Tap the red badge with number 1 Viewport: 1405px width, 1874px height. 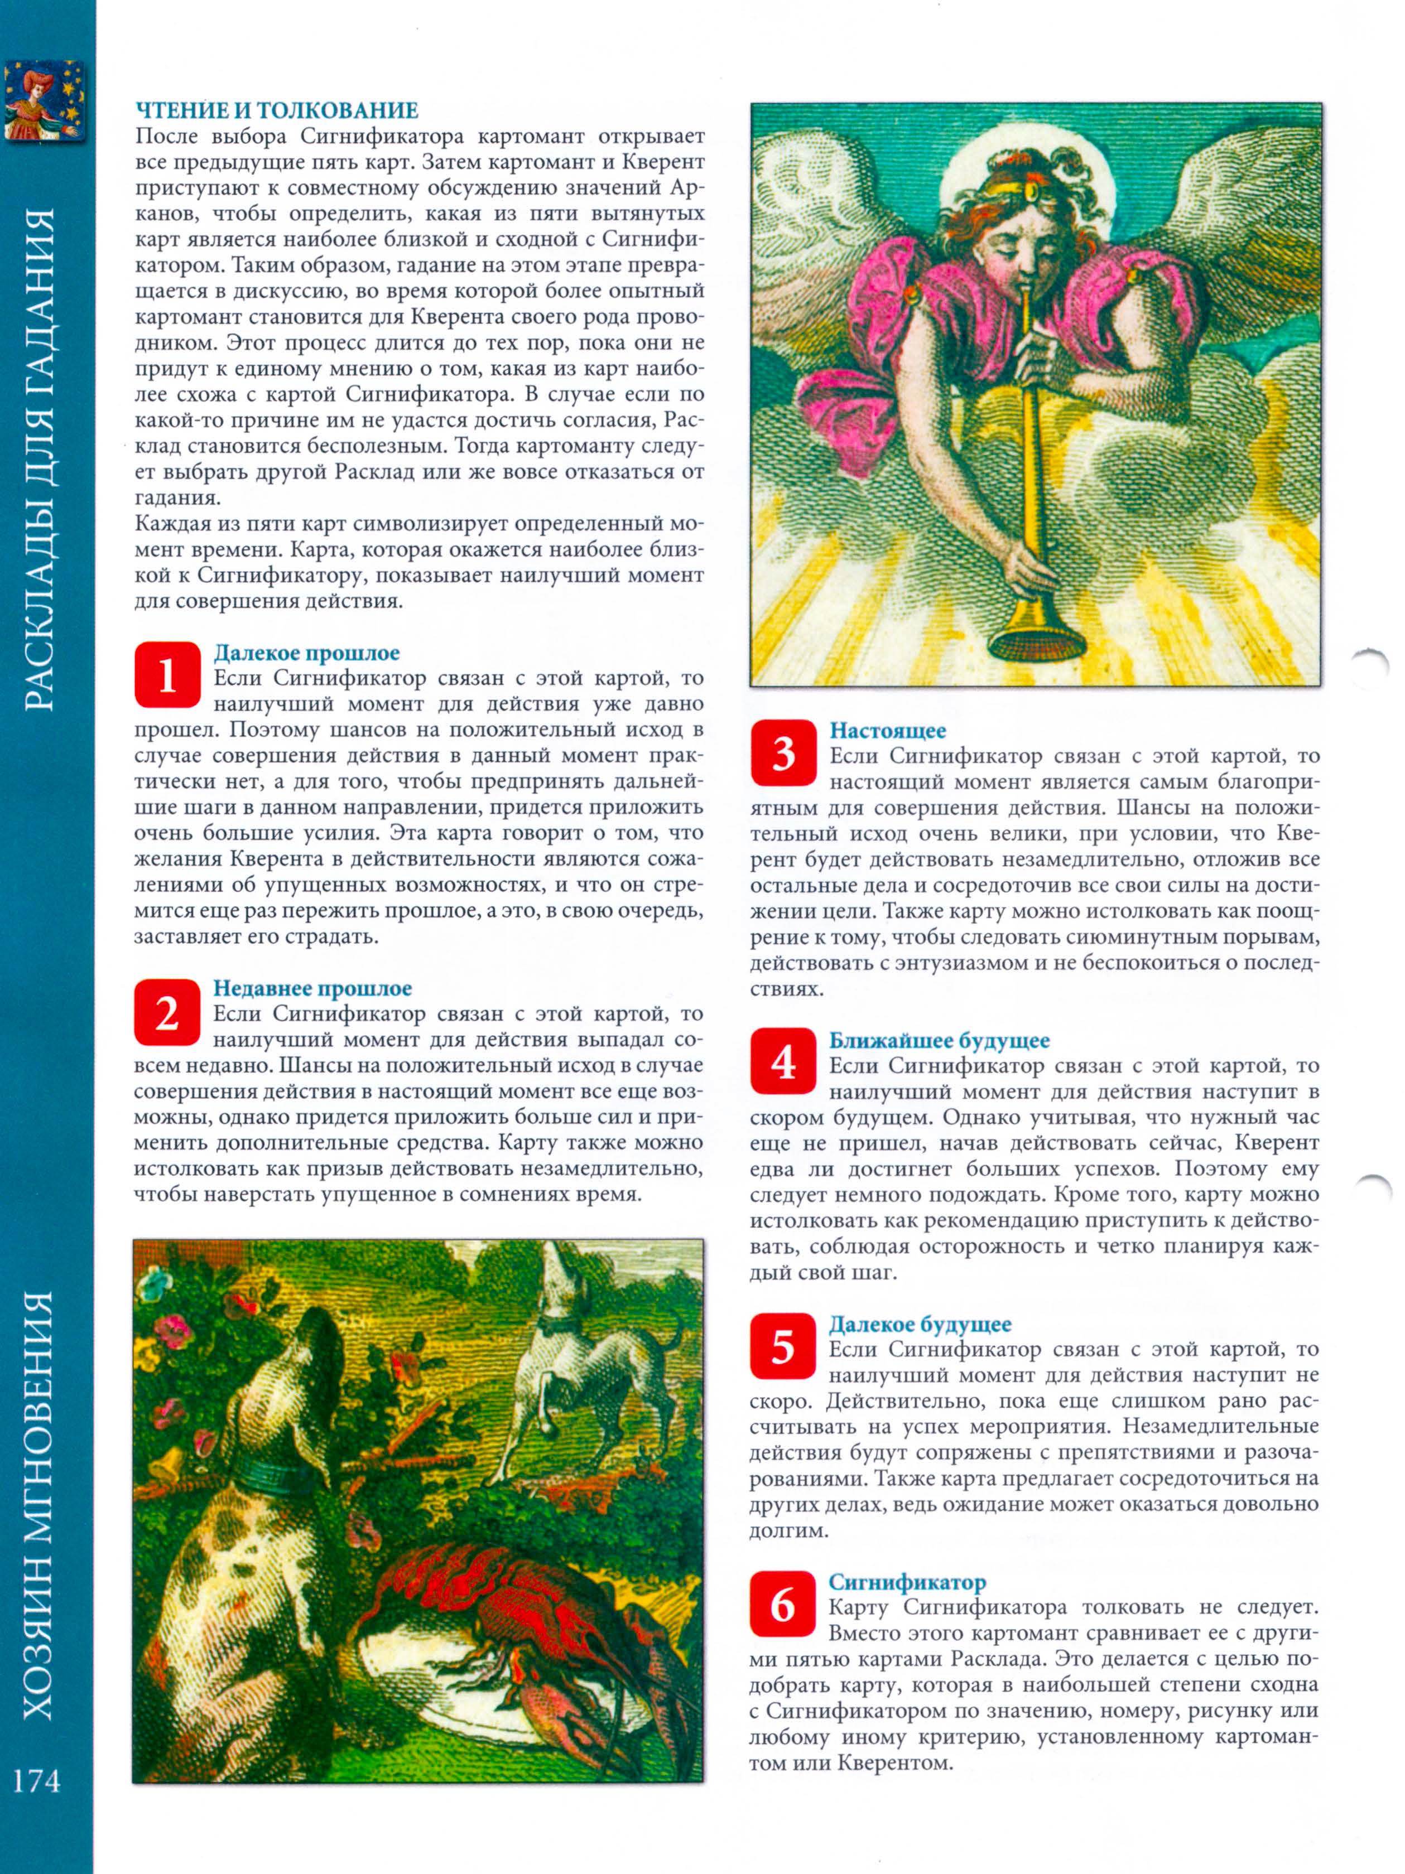click(x=167, y=676)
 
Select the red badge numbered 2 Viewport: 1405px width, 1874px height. click(x=167, y=1012)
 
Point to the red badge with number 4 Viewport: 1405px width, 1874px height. click(x=783, y=1061)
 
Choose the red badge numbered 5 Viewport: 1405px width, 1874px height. click(x=783, y=1345)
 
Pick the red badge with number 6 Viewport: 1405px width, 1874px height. click(x=783, y=1603)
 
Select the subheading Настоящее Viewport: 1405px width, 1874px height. click(x=887, y=730)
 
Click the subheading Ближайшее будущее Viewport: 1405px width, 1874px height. click(x=939, y=1040)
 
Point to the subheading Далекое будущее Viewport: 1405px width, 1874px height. click(x=920, y=1324)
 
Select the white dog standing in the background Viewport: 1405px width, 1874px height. click(x=585, y=1355)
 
